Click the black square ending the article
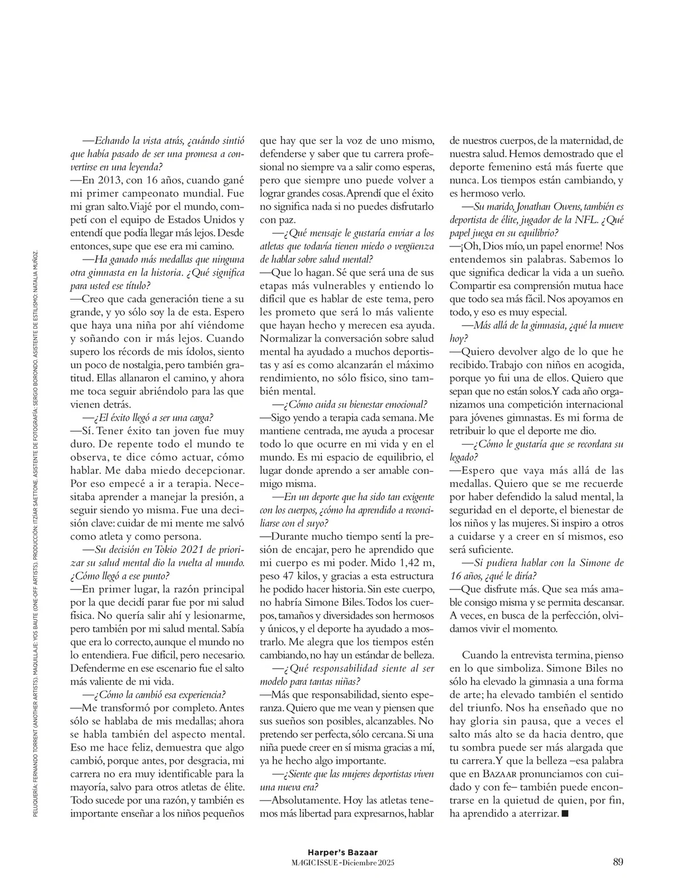click(x=565, y=813)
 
